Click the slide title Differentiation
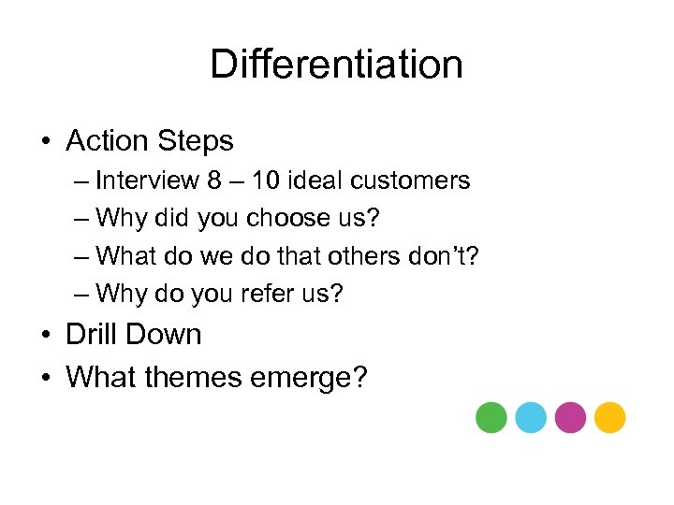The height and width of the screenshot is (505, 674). (336, 65)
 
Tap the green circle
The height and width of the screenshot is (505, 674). (491, 417)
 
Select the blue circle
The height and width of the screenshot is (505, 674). (530, 417)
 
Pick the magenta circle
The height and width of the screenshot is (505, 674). (570, 417)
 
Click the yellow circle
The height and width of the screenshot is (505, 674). (609, 417)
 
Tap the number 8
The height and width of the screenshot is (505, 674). (215, 180)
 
